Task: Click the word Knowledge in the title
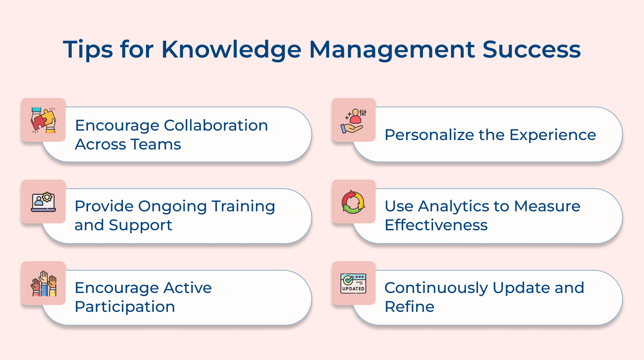point(231,49)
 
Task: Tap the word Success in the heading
point(532,49)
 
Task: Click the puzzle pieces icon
point(43,120)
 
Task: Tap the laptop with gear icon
point(43,201)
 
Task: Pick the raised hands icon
point(43,284)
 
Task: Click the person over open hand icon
point(354,120)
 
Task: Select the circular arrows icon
point(353,202)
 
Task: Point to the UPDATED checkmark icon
point(353,284)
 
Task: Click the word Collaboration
point(216,125)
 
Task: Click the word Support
point(140,225)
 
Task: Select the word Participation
point(125,307)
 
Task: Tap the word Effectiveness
point(436,225)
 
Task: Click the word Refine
point(409,307)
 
